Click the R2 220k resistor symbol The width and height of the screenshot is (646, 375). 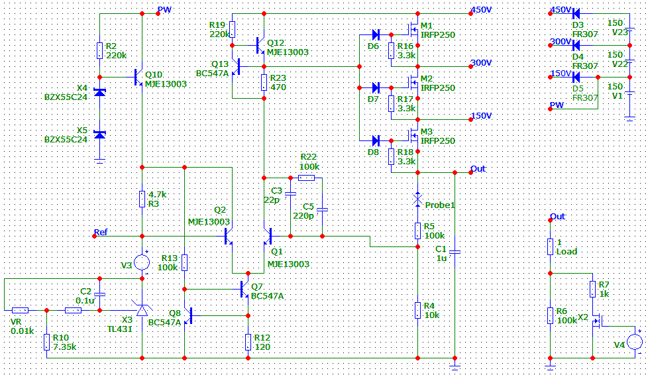coord(99,51)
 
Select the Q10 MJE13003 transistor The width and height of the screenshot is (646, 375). coord(138,77)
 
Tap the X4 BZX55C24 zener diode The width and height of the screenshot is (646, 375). coord(99,92)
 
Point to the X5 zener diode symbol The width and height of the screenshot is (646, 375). coord(99,134)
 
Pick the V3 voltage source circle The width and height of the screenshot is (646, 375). coord(142,262)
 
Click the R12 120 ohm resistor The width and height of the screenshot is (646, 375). coord(248,342)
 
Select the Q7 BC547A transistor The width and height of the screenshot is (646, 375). coord(244,290)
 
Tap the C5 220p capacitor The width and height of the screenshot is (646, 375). coord(322,210)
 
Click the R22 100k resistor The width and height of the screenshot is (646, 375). coord(306,178)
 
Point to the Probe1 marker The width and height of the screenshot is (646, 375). coord(418,199)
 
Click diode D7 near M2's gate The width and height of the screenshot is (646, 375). coord(376,87)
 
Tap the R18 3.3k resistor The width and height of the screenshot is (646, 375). coord(391,156)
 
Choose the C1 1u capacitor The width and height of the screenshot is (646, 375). coord(455,251)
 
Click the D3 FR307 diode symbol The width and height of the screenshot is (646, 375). coord(576,14)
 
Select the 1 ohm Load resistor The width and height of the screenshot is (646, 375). coord(551,247)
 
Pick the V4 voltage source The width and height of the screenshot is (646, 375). coord(635,342)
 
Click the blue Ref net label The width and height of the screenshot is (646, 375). coord(101,232)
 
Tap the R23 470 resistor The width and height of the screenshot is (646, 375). coord(264,82)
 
